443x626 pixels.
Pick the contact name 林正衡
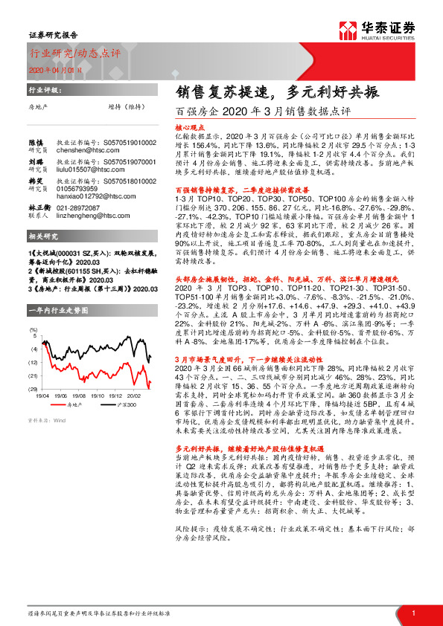(39, 208)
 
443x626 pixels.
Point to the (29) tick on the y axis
(34, 389)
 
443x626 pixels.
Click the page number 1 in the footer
(412, 613)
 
